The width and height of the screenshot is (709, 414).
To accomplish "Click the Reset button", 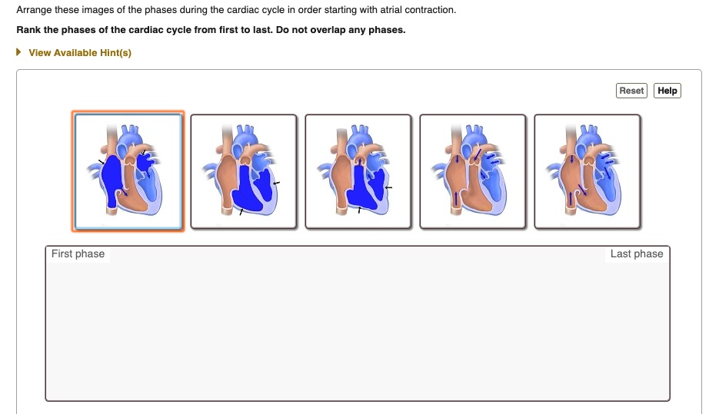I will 631,91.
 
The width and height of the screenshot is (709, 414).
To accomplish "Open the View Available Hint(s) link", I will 80,53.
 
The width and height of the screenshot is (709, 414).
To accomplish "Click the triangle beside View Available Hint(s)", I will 19,53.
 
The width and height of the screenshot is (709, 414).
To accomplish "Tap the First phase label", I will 78,254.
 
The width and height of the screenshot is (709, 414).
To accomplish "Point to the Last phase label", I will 636,254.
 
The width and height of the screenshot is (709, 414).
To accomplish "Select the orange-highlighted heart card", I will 128,171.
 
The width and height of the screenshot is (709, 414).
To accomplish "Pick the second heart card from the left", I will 243,171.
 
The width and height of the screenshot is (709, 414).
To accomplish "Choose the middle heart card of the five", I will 358,171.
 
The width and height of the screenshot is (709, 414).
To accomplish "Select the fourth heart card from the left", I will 472,171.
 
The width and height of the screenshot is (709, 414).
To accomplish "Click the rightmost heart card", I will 587,171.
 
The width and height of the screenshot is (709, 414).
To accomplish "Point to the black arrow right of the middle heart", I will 389,187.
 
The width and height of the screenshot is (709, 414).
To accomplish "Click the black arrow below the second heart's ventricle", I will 241,211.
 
